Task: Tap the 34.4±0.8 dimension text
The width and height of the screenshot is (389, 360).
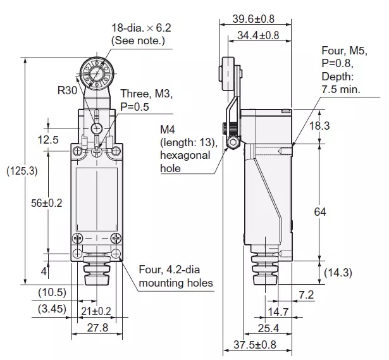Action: pyautogui.click(x=258, y=35)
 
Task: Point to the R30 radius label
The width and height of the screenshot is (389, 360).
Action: pyautogui.click(x=67, y=90)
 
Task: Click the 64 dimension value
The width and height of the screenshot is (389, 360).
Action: pyautogui.click(x=319, y=212)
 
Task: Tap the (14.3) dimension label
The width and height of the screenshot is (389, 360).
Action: pyautogui.click(x=338, y=273)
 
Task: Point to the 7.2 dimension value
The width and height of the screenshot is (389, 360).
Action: pyautogui.click(x=306, y=294)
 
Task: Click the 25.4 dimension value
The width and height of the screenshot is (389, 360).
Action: pyautogui.click(x=268, y=328)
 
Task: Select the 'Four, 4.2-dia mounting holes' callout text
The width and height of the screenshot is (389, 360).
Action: pyautogui.click(x=175, y=276)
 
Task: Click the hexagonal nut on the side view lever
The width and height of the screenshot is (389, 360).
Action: pyautogui.click(x=232, y=143)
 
